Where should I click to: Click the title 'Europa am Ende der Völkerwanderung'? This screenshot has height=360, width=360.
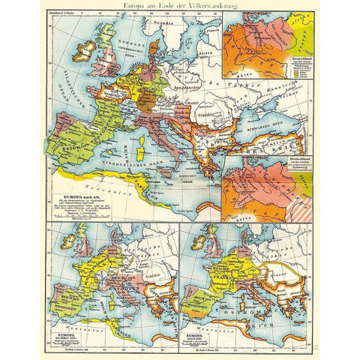click(x=179, y=6)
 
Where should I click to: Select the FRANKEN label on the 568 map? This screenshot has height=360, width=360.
click(x=222, y=270)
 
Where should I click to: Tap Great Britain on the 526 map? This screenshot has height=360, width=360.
click(x=80, y=247)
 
